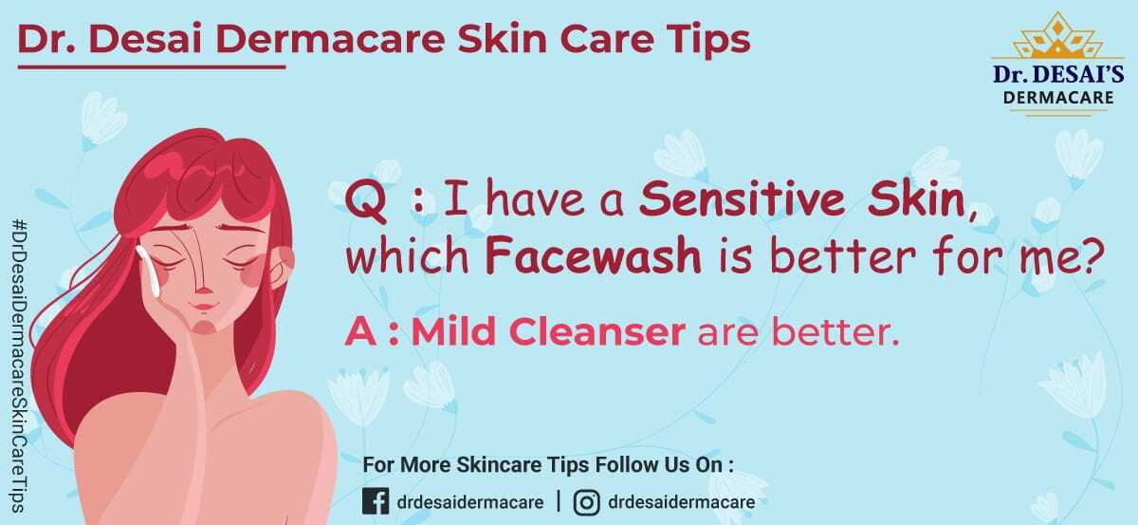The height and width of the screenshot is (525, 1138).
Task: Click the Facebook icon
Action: [376, 501]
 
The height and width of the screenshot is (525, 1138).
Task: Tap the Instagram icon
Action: [587, 502]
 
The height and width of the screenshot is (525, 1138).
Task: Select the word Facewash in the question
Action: [593, 256]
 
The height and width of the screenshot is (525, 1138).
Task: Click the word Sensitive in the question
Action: [742, 199]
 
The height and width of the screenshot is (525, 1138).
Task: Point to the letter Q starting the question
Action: [365, 202]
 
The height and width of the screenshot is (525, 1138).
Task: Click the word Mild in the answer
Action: [453, 331]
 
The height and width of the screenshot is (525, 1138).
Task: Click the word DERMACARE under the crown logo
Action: [1058, 97]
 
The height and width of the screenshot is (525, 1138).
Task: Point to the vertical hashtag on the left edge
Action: [19, 366]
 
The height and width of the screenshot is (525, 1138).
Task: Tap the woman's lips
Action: [203, 307]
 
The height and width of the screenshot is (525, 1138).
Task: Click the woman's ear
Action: [280, 268]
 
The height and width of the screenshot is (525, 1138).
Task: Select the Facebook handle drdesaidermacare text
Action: [470, 502]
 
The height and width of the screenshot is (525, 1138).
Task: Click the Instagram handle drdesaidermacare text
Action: [681, 502]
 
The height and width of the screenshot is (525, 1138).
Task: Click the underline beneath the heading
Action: [152, 66]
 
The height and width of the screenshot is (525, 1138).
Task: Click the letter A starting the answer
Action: [360, 331]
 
